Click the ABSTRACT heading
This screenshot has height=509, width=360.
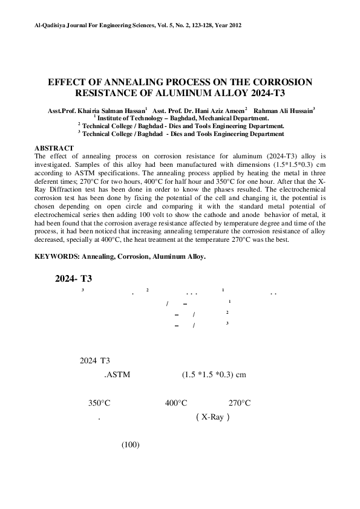click(x=54, y=148)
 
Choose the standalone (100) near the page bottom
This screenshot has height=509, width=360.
click(x=131, y=445)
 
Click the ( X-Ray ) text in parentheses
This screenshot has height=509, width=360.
click(x=212, y=417)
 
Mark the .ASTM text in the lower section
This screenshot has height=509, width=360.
click(x=118, y=374)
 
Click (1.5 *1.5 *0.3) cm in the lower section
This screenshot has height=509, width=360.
click(x=214, y=374)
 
